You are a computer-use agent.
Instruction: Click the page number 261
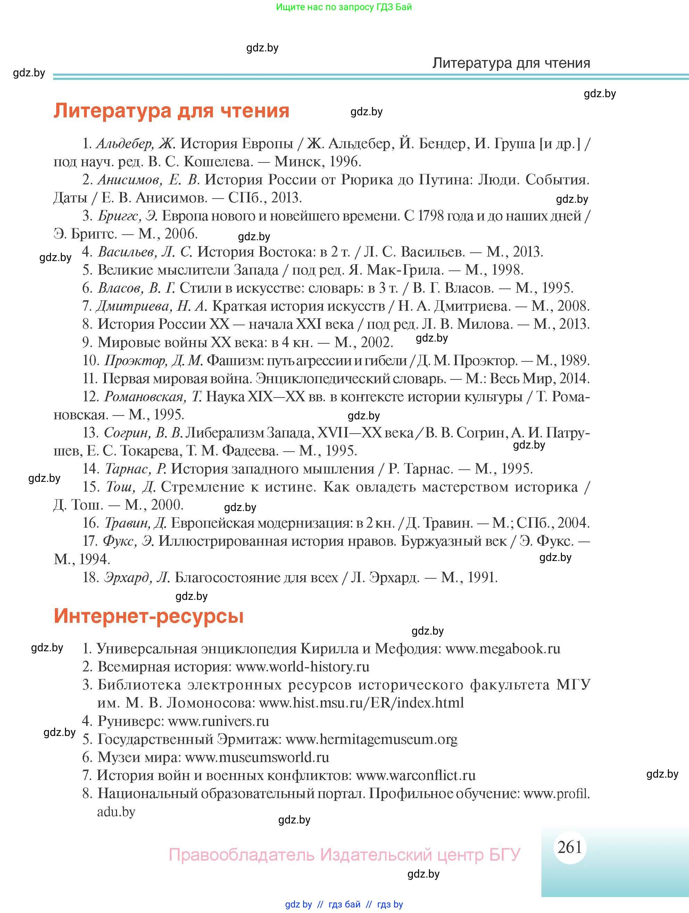(569, 847)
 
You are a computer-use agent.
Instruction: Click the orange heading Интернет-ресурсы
(149, 616)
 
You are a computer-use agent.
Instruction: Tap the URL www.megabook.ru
(503, 649)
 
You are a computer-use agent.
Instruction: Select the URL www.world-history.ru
(302, 667)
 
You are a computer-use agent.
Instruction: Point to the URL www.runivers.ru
(218, 721)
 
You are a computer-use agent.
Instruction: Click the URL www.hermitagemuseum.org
(371, 739)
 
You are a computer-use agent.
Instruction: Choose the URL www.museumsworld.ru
(257, 757)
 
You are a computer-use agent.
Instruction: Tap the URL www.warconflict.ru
(415, 775)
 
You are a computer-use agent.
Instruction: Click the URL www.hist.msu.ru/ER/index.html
(361, 703)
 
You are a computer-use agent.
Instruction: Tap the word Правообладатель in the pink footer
(241, 854)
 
